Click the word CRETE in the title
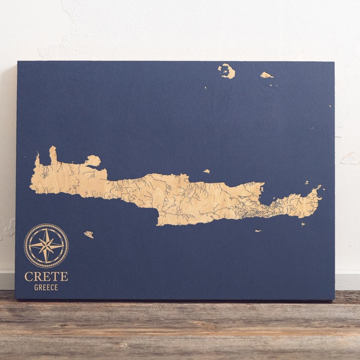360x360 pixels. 46,277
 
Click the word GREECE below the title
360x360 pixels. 46,287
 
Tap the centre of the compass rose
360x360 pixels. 46,245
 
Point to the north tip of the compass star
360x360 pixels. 46,228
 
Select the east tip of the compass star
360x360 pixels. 64,245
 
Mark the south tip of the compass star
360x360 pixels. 46,263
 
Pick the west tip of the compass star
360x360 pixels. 29,245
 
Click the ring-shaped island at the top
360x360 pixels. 227,71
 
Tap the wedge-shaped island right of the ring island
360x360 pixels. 266,75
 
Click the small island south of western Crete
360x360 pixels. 89,235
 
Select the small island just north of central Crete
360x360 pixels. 206,171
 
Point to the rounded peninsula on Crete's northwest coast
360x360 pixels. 93,160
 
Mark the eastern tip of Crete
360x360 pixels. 320,190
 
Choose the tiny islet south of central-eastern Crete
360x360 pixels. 258,231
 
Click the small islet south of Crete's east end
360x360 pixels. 303,224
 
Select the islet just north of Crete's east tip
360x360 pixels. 306,182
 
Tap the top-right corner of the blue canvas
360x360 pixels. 333,62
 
